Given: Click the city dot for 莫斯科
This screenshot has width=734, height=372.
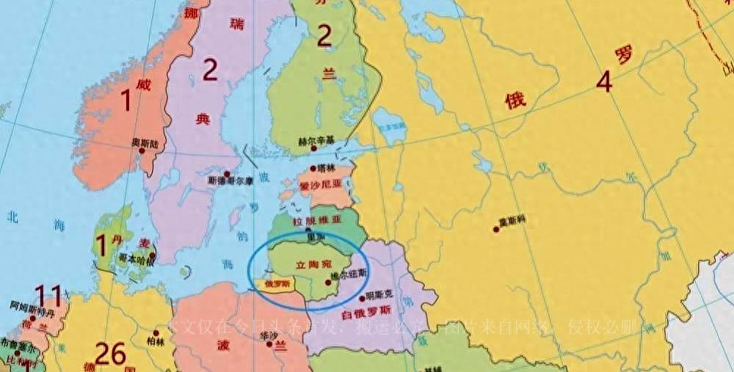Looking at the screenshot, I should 496,229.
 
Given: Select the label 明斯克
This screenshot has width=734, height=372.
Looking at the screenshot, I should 379,293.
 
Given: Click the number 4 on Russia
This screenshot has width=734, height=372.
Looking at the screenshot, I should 603,82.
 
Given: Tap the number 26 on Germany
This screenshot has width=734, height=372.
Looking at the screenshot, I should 111,355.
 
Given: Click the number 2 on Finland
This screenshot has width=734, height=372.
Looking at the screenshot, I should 324,36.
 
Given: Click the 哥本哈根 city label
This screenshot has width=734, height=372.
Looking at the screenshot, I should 132,259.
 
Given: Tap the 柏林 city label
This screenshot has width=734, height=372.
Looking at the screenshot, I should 156,340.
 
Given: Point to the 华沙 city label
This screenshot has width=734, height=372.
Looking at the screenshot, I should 260,335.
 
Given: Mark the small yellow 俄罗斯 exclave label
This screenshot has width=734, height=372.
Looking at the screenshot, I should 277,283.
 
